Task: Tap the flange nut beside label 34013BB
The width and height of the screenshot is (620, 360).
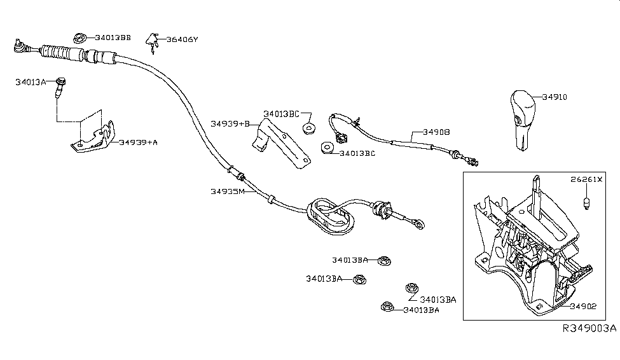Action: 81,38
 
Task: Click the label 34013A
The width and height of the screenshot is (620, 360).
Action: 31,82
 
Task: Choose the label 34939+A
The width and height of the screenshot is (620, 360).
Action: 138,142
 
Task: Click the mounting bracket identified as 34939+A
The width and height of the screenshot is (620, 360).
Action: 92,137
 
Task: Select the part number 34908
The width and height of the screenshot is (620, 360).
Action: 436,133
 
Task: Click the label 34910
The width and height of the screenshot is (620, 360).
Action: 555,97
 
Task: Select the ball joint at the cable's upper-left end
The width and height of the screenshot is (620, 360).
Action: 20,45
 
